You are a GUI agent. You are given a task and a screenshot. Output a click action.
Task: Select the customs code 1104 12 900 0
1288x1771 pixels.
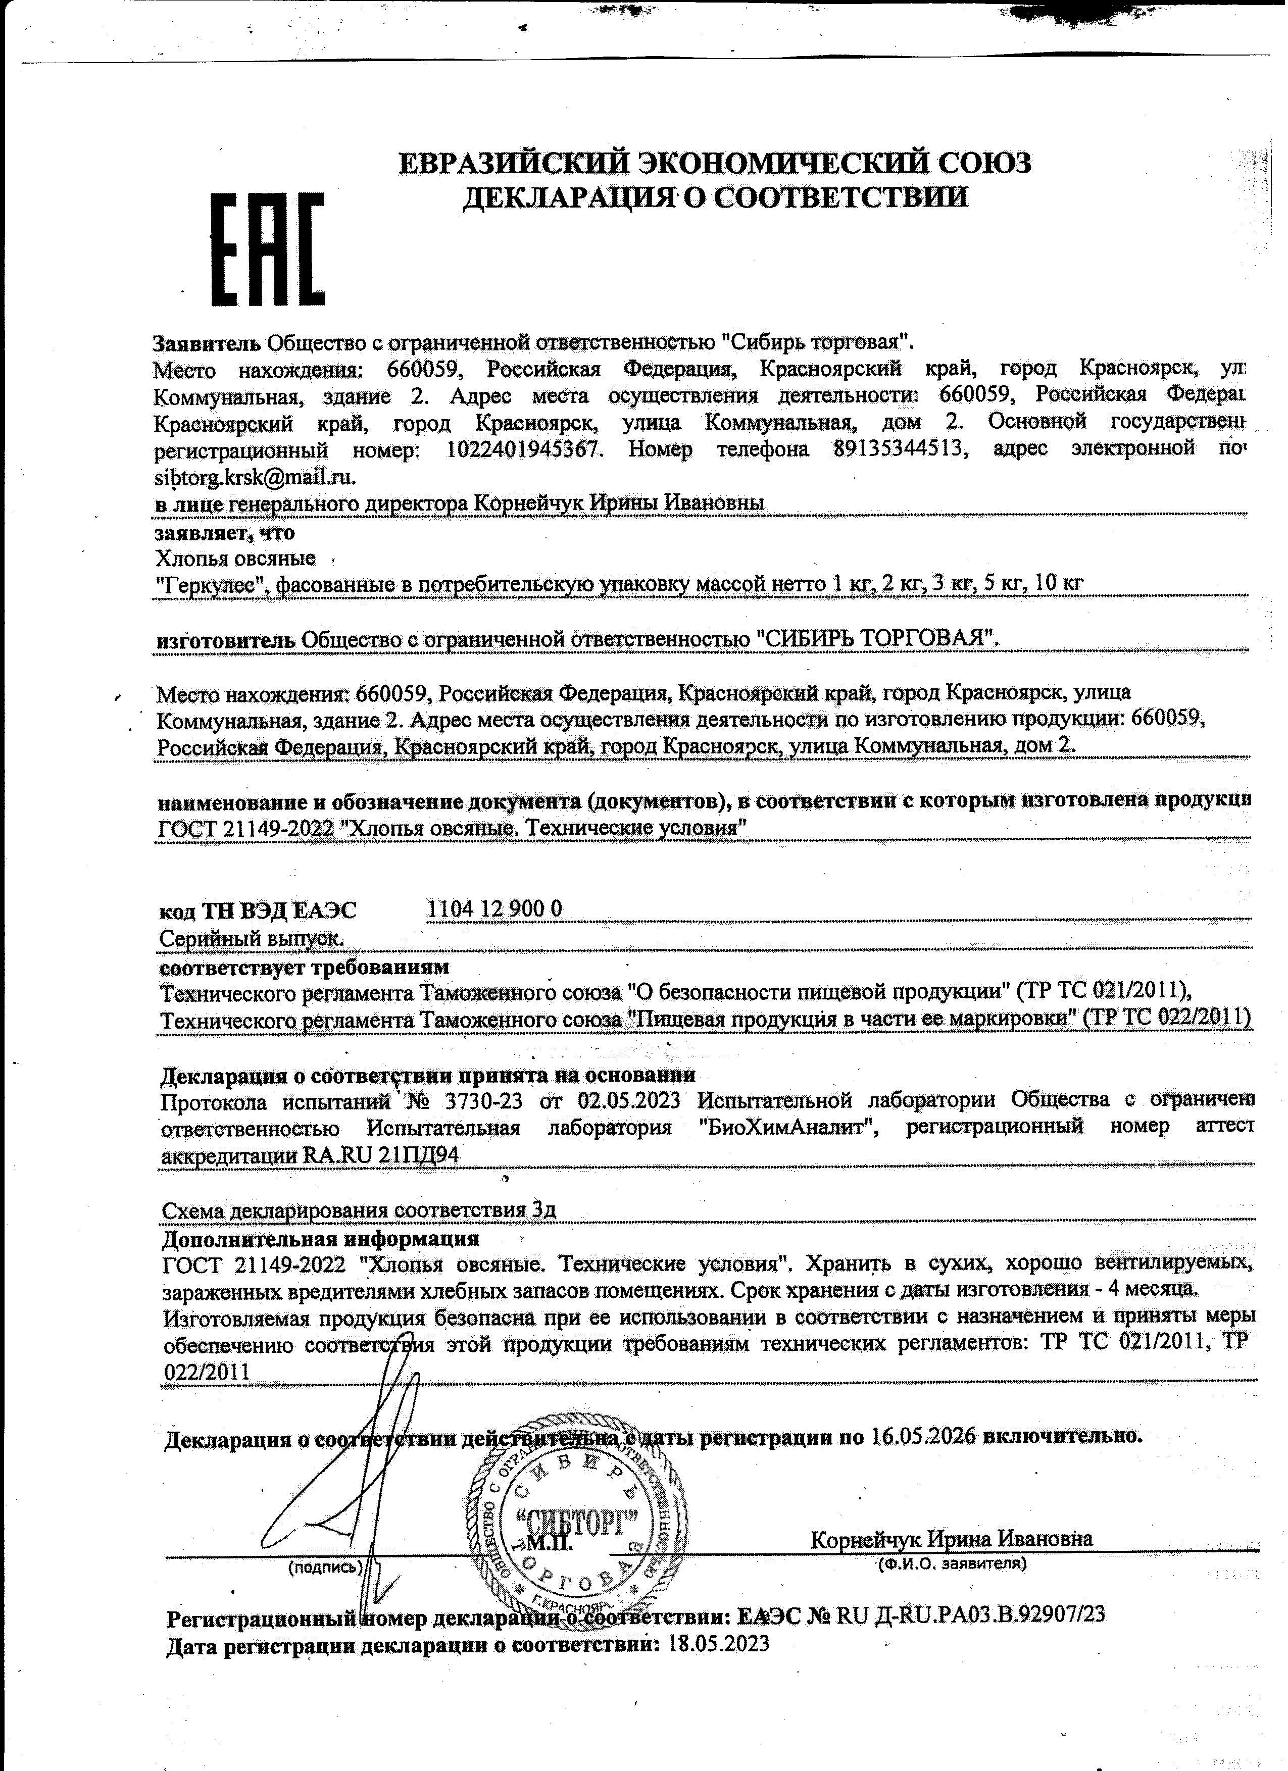tap(495, 907)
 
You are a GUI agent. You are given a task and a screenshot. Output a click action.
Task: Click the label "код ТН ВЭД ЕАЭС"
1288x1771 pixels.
tap(258, 909)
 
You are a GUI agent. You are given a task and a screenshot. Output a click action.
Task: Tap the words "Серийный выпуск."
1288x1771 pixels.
tap(252, 937)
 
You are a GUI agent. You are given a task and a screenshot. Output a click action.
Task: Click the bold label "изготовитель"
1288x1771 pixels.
tap(226, 639)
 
